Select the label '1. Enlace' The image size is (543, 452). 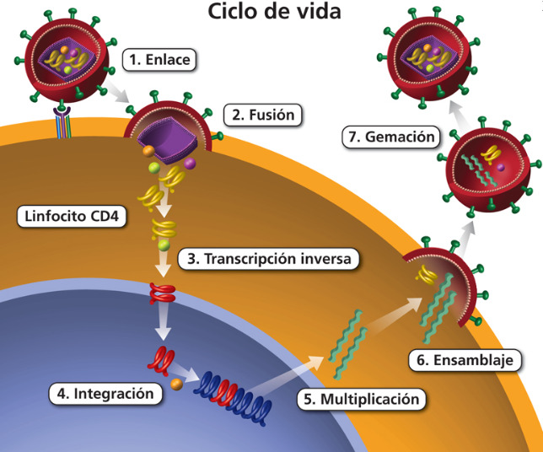pos(159,60)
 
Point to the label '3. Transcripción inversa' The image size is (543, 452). pos(268,258)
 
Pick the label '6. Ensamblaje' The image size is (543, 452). pos(464,360)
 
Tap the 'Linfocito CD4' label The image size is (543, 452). pos(72,217)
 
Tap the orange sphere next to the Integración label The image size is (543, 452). pos(176,385)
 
